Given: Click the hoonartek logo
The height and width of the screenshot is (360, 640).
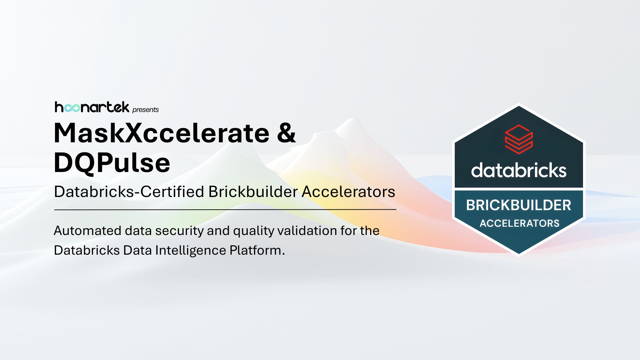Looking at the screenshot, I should pyautogui.click(x=92, y=107).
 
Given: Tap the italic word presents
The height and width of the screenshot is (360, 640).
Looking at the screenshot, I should pyautogui.click(x=145, y=110).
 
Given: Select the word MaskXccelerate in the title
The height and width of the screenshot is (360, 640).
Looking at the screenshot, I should pyautogui.click(x=161, y=133).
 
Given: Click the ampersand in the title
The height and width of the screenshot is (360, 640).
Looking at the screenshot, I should pyautogui.click(x=286, y=133).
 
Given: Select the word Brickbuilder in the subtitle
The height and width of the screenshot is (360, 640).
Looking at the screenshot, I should pyautogui.click(x=253, y=192).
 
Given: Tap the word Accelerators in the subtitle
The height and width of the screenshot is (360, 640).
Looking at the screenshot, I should pyautogui.click(x=348, y=192).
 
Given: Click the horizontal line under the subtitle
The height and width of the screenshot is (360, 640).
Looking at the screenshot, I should pyautogui.click(x=225, y=210).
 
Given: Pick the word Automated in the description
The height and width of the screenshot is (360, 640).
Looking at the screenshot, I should pyautogui.click(x=87, y=231).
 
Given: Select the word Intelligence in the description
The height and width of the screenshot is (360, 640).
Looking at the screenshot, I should pyautogui.click(x=191, y=250).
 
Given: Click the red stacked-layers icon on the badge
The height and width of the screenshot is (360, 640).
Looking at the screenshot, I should pyautogui.click(x=519, y=139).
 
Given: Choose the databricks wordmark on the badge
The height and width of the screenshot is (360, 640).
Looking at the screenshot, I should pyautogui.click(x=519, y=170).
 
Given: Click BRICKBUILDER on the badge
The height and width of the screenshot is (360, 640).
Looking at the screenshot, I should pyautogui.click(x=519, y=205).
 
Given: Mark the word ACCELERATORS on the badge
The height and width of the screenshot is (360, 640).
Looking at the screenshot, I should pyautogui.click(x=519, y=223).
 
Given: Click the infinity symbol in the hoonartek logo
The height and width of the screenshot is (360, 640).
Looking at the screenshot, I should pyautogui.click(x=72, y=108).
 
